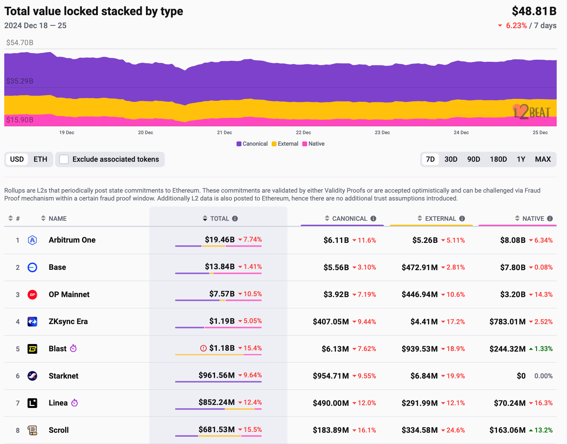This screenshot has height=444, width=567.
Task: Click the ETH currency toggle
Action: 40,159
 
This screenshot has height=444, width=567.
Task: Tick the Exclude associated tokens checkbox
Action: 64,159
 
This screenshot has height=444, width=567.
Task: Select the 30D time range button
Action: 451,159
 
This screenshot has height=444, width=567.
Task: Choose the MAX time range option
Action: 543,159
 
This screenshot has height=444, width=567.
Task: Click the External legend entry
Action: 285,144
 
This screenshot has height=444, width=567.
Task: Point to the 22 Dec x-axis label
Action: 303,133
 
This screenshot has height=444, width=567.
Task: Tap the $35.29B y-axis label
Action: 20,81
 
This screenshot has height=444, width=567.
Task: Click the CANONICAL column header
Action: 350,219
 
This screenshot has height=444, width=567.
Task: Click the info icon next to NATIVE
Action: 550,219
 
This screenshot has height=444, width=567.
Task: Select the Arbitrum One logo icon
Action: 32,240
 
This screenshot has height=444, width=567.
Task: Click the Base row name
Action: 57,267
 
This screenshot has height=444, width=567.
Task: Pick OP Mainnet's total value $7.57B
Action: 222,294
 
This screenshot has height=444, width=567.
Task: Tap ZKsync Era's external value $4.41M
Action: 424,322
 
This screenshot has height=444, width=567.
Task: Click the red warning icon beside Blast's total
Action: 204,348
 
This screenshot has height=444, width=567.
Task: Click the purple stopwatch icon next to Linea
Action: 75,403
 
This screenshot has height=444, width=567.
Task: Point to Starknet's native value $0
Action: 521,376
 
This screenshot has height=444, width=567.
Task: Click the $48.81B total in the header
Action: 534,11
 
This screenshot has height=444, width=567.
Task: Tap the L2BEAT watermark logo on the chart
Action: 532,112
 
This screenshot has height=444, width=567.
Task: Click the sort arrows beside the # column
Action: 11,218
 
